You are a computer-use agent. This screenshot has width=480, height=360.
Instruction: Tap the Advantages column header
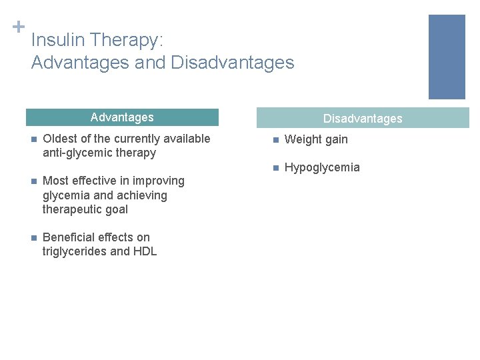point(122,117)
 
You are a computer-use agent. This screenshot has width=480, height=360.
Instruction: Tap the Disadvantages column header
point(363,119)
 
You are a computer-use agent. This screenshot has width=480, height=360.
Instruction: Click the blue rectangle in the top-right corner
point(446,57)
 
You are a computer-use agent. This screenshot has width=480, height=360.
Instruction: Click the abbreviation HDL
point(145,251)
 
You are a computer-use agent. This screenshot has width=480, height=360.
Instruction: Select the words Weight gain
point(316,139)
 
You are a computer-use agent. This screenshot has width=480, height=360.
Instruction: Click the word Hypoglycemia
point(322,167)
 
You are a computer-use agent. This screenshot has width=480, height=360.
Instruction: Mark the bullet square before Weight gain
point(274,140)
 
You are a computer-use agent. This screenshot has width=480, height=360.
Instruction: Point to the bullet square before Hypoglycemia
point(274,168)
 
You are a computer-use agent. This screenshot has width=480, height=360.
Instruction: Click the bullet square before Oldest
point(32,139)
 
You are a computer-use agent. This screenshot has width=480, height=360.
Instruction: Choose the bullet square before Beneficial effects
point(32,238)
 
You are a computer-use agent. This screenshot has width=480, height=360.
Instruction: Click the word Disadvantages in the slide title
point(233,63)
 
